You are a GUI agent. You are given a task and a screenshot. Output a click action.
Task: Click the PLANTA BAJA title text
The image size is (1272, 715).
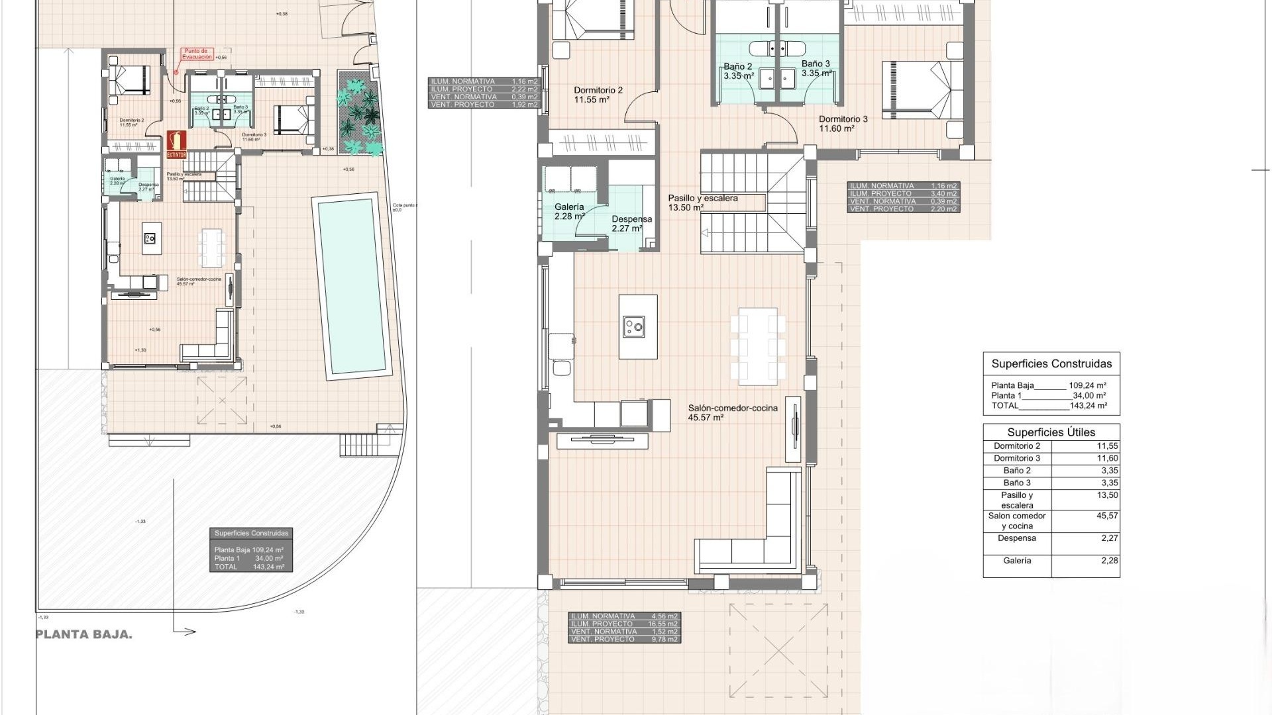(x=84, y=634)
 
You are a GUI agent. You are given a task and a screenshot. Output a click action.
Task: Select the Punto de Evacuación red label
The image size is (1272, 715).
(x=197, y=54)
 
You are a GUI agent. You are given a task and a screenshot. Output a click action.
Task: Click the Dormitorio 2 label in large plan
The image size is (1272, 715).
(x=598, y=91)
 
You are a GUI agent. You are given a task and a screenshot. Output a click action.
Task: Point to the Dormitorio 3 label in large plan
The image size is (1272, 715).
(x=843, y=120)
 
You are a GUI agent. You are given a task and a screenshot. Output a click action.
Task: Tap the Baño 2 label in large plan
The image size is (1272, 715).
(x=737, y=66)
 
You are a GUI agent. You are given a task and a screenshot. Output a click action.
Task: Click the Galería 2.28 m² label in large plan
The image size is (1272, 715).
(x=569, y=211)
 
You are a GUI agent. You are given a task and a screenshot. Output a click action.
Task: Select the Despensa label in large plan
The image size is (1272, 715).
(x=631, y=220)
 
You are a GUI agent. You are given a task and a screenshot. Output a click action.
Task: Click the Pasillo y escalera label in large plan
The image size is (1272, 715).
(x=702, y=199)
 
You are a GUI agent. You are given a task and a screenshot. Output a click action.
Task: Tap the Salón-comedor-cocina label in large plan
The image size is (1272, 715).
(x=732, y=408)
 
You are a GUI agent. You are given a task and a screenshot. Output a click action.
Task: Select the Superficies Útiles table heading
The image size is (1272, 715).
(x=1051, y=432)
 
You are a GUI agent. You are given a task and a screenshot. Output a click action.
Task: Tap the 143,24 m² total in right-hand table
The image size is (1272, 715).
(x=1088, y=406)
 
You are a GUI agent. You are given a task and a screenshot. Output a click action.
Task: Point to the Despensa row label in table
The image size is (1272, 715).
(x=1016, y=538)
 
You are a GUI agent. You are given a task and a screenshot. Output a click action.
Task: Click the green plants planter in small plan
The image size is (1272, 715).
(x=358, y=113)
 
